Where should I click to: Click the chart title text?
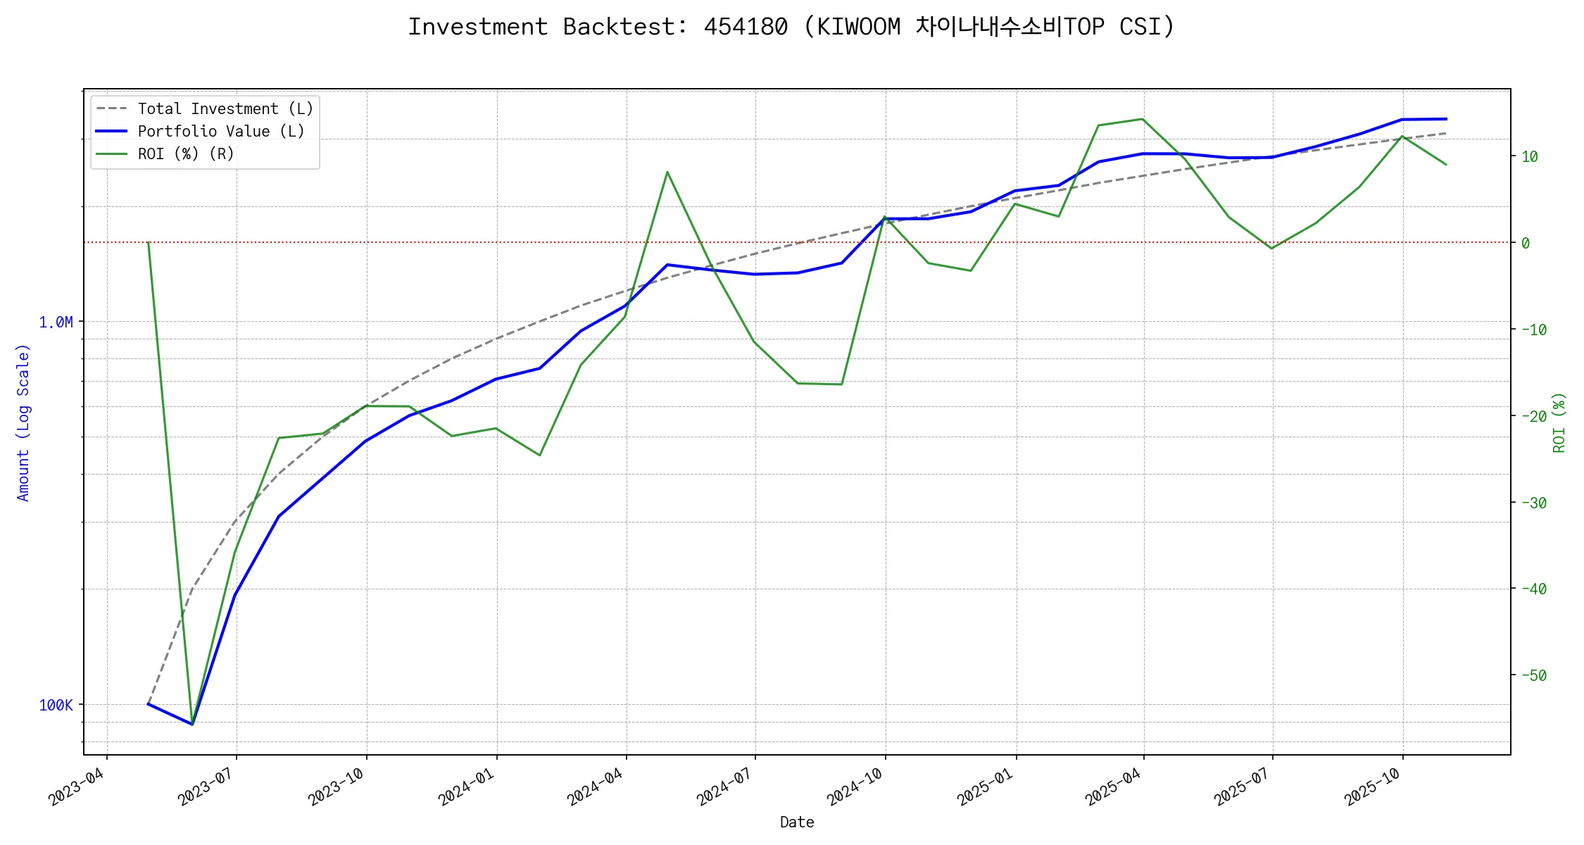tap(791, 27)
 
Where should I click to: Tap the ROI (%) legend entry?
tap(186, 154)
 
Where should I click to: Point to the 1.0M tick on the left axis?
tap(56, 323)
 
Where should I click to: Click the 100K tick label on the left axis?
tap(56, 706)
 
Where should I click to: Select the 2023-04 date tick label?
tap(76, 787)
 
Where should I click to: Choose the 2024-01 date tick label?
tap(466, 787)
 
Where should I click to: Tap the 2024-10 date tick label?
tap(855, 787)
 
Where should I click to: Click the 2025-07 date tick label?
tap(1242, 787)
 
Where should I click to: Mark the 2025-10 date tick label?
tap(1372, 787)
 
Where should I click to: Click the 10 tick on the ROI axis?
tap(1529, 157)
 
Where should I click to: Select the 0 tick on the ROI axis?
tap(1526, 244)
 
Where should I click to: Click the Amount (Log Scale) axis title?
tap(23, 423)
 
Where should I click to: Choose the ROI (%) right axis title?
tap(1559, 423)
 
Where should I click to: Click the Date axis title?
tap(797, 822)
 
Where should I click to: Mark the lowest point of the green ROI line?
tap(192, 724)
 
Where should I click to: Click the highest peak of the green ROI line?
tap(1143, 119)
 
